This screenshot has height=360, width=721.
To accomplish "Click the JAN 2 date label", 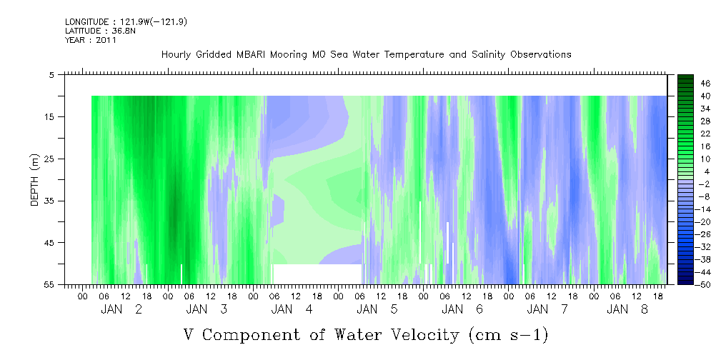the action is coord(122,309).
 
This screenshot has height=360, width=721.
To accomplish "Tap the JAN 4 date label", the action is coord(292,309).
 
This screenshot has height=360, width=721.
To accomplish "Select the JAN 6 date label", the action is coord(462,309).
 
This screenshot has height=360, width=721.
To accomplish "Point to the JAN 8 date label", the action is coord(627,309).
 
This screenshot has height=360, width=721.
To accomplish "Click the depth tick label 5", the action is coord(51,75).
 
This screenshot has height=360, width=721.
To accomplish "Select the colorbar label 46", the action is coord(706,84).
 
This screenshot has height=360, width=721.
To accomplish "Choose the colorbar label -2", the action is coord(705,184).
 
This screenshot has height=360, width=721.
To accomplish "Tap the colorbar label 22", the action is coord(706,134).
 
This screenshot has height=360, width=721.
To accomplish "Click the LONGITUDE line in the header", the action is coord(126,21).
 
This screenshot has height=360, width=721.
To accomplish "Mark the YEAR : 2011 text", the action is coord(91,40).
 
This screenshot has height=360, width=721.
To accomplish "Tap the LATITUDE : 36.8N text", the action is coord(100,31).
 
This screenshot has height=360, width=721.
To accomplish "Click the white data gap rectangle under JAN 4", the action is coord(318,274).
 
